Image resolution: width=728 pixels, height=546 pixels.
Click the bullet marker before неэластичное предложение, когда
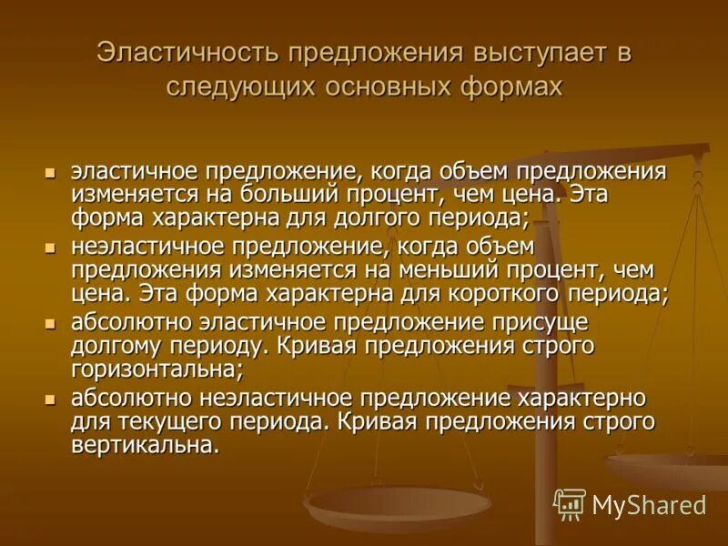tap(52, 248)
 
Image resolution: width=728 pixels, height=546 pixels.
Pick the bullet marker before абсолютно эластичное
tap(52, 323)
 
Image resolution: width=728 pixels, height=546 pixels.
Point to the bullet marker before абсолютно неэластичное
tap(52, 399)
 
